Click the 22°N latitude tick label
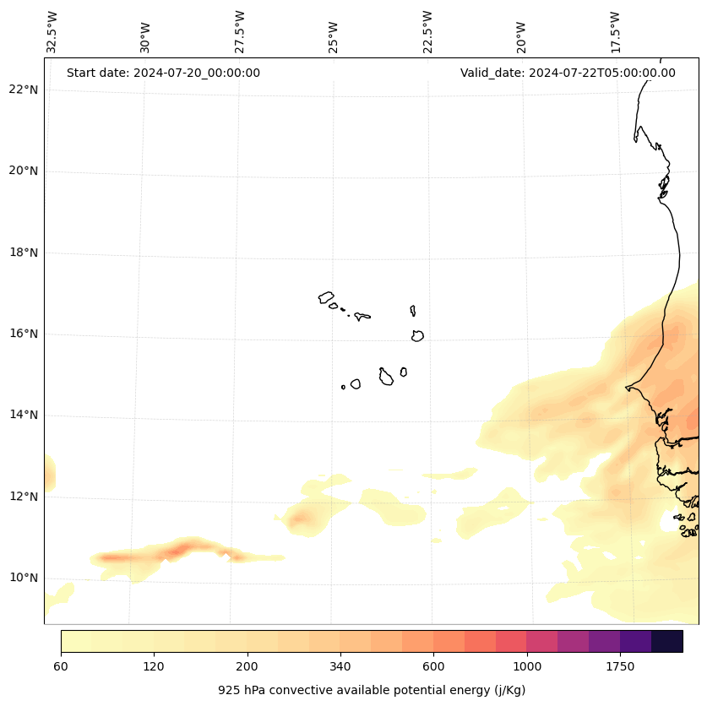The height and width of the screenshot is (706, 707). (x=23, y=90)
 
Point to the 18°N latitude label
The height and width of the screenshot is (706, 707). (x=23, y=253)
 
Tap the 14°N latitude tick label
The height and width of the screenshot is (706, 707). (x=23, y=415)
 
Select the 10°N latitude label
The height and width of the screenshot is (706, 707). (x=23, y=578)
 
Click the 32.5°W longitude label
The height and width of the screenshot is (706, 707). (x=52, y=32)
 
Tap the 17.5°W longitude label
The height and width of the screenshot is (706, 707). (x=616, y=32)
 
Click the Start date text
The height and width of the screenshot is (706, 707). (x=163, y=73)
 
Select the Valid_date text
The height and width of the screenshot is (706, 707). (x=568, y=73)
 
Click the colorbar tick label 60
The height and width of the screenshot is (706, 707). (x=61, y=666)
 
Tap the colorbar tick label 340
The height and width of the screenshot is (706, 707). (x=340, y=666)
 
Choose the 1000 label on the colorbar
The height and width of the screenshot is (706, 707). (x=526, y=666)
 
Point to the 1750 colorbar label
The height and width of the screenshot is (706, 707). (x=620, y=666)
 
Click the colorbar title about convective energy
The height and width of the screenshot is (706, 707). (x=372, y=690)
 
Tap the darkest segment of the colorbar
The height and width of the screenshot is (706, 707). (x=666, y=641)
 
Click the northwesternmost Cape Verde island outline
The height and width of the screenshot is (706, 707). (x=326, y=297)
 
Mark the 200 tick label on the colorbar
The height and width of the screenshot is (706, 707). (x=247, y=666)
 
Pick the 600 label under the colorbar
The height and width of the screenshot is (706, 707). (x=433, y=666)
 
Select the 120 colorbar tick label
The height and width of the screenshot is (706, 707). (x=154, y=666)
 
